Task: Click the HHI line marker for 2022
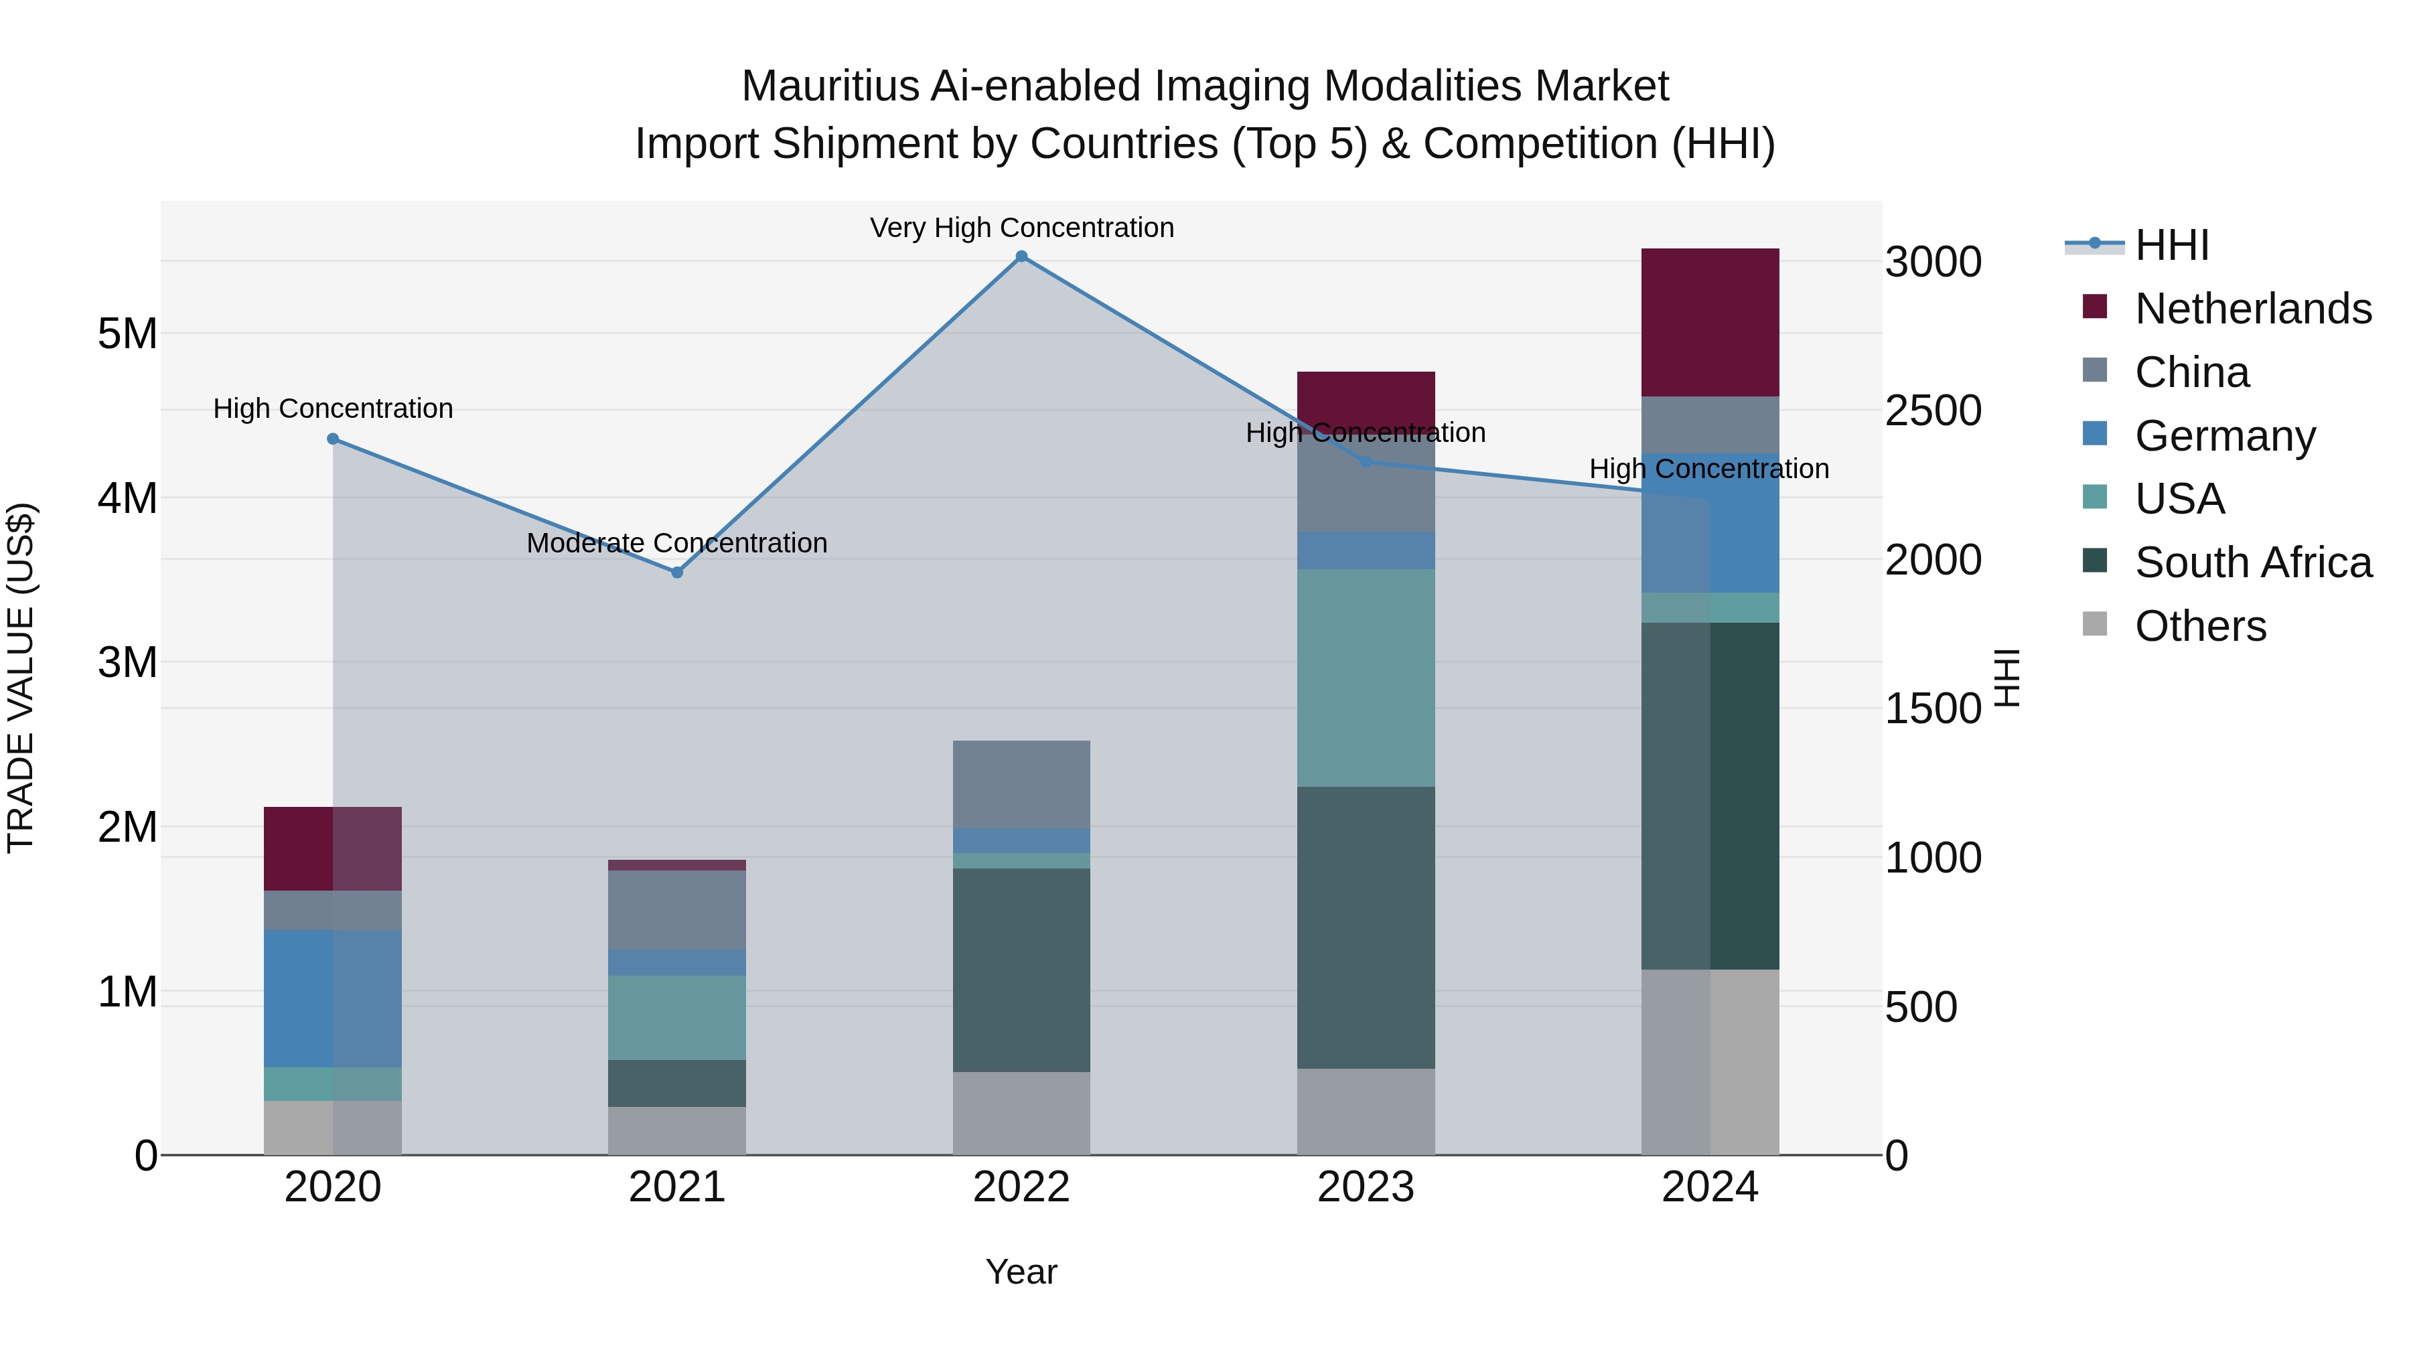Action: pyautogui.click(x=1021, y=256)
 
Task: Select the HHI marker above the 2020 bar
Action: pyautogui.click(x=334, y=439)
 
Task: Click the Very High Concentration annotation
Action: pyautogui.click(x=1021, y=228)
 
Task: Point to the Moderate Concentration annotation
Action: pyautogui.click(x=676, y=543)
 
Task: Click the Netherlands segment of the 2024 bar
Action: pyautogui.click(x=1710, y=322)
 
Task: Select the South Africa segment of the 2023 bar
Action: pyautogui.click(x=1366, y=927)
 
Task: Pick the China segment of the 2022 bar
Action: pyautogui.click(x=1021, y=784)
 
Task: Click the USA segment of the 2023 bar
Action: pyautogui.click(x=1366, y=678)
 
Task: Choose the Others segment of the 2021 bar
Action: pyautogui.click(x=676, y=1130)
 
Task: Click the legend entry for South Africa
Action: pyautogui.click(x=2253, y=562)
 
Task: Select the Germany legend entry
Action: pyautogui.click(x=2225, y=436)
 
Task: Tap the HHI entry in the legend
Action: pyautogui.click(x=2171, y=245)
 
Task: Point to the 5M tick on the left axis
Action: pyautogui.click(x=127, y=334)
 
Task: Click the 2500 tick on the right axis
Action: pyautogui.click(x=1933, y=411)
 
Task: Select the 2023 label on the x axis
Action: pyautogui.click(x=1366, y=1187)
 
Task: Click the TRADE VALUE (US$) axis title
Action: pyautogui.click(x=21, y=678)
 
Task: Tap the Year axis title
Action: pyautogui.click(x=1021, y=1272)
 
